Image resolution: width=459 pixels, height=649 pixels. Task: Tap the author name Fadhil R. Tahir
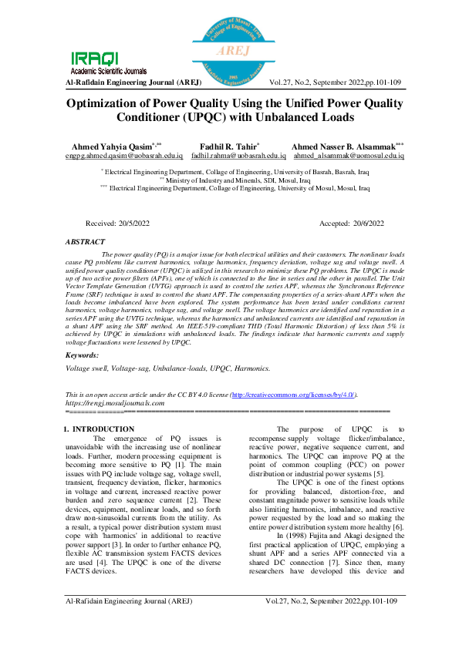click(229, 146)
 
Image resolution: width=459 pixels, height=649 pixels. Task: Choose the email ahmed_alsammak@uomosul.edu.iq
click(349, 155)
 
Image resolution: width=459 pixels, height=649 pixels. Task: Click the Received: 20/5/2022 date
click(117, 223)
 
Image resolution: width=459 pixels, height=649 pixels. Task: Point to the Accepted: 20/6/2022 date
click(351, 223)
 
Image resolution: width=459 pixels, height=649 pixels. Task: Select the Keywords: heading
click(82, 355)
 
